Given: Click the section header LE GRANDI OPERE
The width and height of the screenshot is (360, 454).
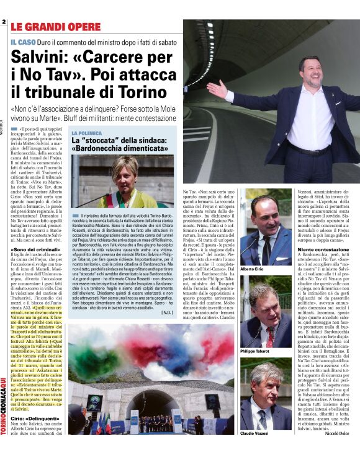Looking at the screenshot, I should (x=55, y=27).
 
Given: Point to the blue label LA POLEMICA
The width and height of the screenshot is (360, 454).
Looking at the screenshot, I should (x=86, y=133).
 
